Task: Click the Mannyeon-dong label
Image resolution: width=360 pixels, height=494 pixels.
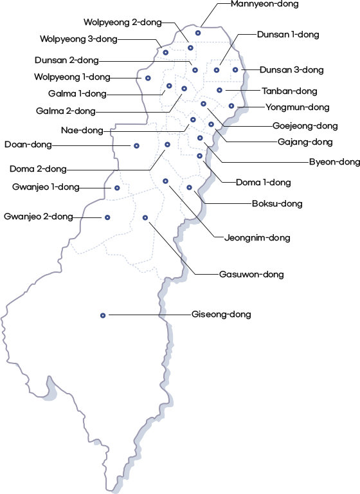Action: pos(265,4)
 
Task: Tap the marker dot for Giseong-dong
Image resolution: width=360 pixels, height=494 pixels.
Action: pos(103,315)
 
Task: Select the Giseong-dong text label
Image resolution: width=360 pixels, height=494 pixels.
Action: pos(221,315)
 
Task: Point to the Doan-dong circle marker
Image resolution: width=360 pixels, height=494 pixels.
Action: pos(136,146)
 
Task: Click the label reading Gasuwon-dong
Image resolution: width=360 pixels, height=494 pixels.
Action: pos(251,275)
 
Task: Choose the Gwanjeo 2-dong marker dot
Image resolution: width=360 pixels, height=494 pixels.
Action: pos(107,217)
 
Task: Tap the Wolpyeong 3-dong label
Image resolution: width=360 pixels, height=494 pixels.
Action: pos(78,39)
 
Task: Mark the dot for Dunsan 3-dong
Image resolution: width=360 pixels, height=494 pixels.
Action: pos(235,69)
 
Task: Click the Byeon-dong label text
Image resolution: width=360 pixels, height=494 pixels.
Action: pos(334,162)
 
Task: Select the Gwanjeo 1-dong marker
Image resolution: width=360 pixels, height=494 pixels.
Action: pos(117,188)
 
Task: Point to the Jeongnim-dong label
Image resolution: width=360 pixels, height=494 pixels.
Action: pos(257,237)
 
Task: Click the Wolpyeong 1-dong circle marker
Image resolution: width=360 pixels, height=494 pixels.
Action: pos(148,78)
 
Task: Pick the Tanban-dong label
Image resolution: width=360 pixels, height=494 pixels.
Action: pos(289,91)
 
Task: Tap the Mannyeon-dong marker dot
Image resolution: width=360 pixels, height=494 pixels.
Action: pos(198,33)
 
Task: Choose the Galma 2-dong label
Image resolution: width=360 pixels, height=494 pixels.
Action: pos(66,111)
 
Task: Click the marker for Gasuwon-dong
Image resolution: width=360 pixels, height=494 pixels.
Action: pos(145,217)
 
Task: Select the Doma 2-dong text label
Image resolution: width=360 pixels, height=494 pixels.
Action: pos(38,169)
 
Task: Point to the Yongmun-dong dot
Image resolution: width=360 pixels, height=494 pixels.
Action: pos(231,106)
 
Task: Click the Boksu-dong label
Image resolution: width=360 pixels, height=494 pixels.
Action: pos(277,203)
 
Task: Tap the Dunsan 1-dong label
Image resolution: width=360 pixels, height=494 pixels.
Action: pos(288,35)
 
